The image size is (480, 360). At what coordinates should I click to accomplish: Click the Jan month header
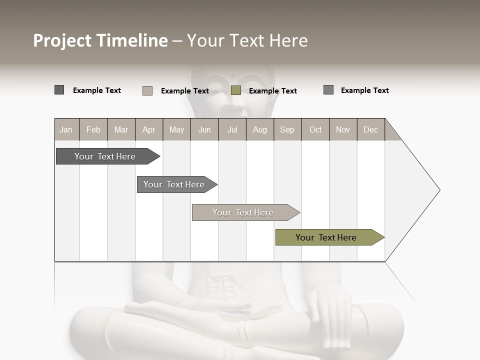[x=66, y=129]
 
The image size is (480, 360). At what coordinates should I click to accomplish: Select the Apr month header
[x=148, y=129]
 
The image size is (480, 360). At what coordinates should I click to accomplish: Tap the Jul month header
[x=232, y=129]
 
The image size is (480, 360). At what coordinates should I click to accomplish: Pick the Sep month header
[x=287, y=129]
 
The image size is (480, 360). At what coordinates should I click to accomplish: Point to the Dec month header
[x=370, y=129]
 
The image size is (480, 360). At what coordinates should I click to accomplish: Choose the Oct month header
[x=315, y=129]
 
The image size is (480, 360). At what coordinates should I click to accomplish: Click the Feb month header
[x=93, y=129]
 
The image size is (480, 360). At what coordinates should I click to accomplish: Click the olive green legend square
[x=236, y=90]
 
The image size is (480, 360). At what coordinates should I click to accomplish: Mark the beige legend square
[x=147, y=90]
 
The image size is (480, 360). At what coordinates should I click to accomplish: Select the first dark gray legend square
[x=59, y=90]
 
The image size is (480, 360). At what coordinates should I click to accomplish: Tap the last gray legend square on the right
[x=328, y=90]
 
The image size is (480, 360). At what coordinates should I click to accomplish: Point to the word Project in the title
[x=62, y=40]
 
